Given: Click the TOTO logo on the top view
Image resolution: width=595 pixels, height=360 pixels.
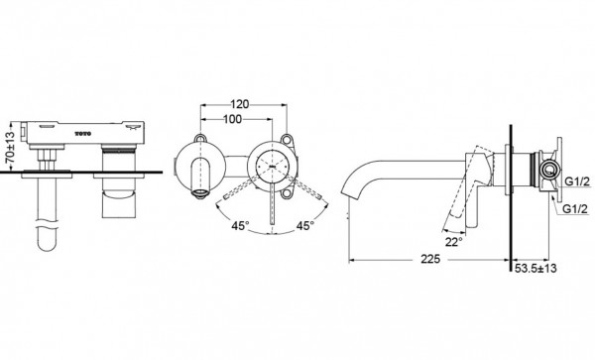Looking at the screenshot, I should [x=89, y=129].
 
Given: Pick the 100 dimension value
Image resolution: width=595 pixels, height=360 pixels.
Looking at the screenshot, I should [x=234, y=119].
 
